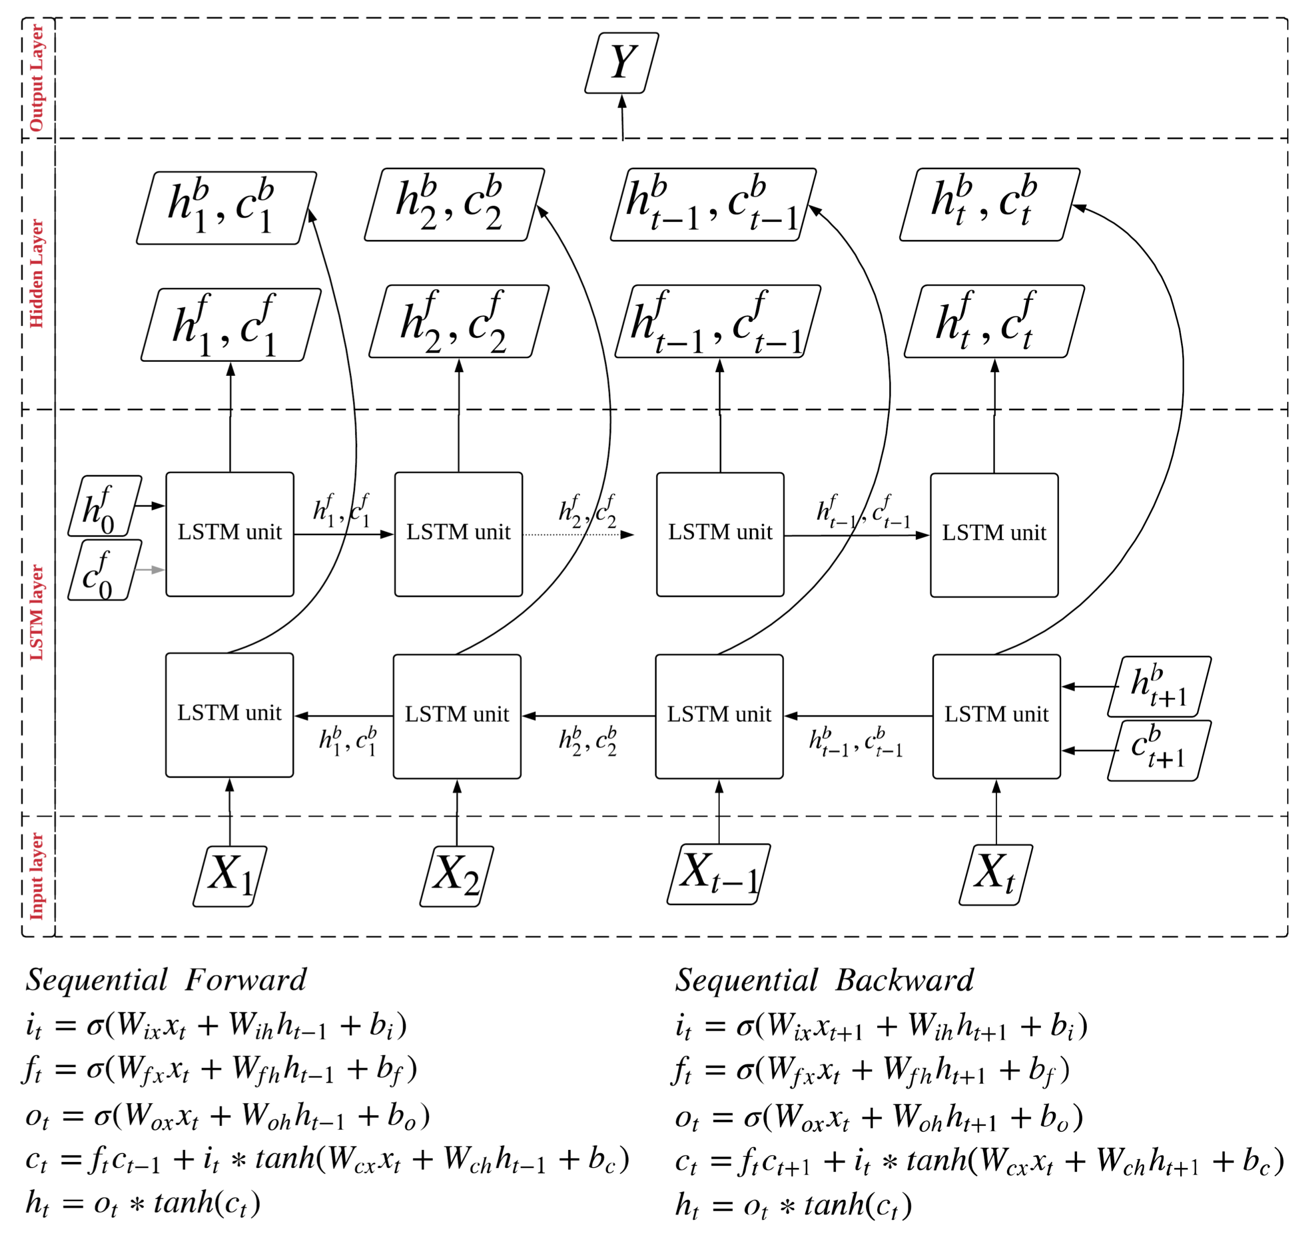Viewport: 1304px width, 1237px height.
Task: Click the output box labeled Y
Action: pyautogui.click(x=622, y=63)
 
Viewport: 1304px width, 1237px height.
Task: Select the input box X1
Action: pyautogui.click(x=229, y=876)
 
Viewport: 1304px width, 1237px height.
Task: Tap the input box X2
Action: pyautogui.click(x=456, y=876)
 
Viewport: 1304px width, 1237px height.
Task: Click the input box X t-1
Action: pyautogui.click(x=718, y=874)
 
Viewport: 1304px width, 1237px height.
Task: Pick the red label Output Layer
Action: pyautogui.click(x=36, y=78)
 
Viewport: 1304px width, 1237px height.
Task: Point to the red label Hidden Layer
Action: pyautogui.click(x=36, y=273)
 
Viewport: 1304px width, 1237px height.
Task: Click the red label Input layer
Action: pyautogui.click(x=36, y=876)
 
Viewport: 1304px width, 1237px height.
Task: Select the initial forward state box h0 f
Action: pyautogui.click(x=104, y=506)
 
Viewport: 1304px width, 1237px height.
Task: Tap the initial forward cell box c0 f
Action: pyautogui.click(x=104, y=570)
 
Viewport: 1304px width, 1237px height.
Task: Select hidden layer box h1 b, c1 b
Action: pyautogui.click(x=226, y=208)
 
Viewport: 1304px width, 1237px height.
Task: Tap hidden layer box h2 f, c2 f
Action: pyautogui.click(x=458, y=321)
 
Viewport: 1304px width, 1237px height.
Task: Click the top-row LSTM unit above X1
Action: pyautogui.click(x=229, y=534)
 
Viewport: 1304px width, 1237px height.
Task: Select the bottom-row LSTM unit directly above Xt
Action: pyautogui.click(x=996, y=716)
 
